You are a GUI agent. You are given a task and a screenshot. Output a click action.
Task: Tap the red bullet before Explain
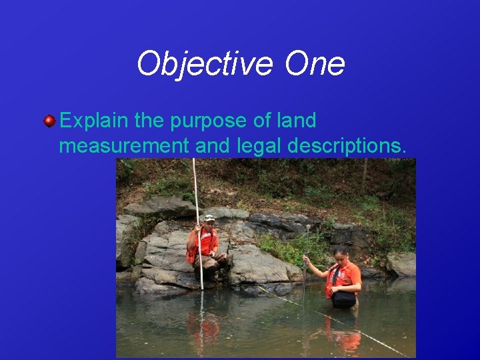coord(49,121)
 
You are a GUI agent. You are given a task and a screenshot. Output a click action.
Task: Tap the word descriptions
coord(349,146)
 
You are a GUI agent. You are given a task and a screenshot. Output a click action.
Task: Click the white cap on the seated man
coord(209,218)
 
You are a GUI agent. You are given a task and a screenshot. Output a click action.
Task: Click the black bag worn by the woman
coord(343,299)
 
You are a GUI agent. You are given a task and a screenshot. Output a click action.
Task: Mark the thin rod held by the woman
coord(304,280)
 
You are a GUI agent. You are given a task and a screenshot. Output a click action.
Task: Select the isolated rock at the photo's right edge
coord(403,264)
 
